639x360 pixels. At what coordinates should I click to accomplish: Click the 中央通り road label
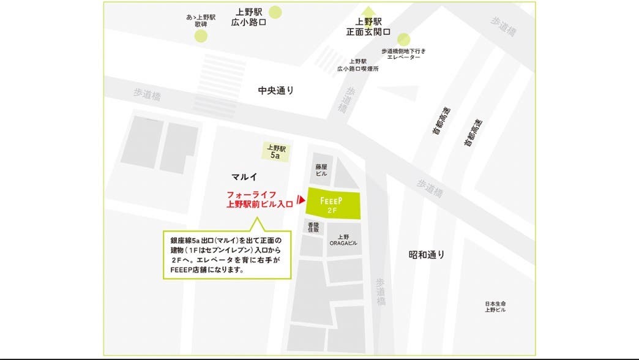(x=276, y=91)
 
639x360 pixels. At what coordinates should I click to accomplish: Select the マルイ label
(x=243, y=176)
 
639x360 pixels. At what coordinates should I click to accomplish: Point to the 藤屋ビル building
(x=321, y=170)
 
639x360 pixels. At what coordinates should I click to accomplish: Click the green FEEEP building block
(x=333, y=203)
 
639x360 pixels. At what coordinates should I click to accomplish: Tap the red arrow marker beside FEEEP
(x=301, y=200)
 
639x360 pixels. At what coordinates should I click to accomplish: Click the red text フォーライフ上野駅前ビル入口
(x=260, y=200)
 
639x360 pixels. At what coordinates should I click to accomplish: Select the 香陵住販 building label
(x=313, y=228)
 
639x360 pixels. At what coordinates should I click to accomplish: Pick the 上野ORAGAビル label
(x=343, y=240)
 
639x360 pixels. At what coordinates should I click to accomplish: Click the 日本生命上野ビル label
(x=495, y=307)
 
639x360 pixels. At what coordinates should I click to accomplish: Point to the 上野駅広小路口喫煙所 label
(x=358, y=65)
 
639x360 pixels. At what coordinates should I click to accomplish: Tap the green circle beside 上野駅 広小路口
(x=276, y=12)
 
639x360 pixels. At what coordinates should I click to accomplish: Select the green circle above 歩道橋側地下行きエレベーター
(x=404, y=39)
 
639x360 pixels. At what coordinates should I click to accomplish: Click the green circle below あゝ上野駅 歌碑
(x=201, y=36)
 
